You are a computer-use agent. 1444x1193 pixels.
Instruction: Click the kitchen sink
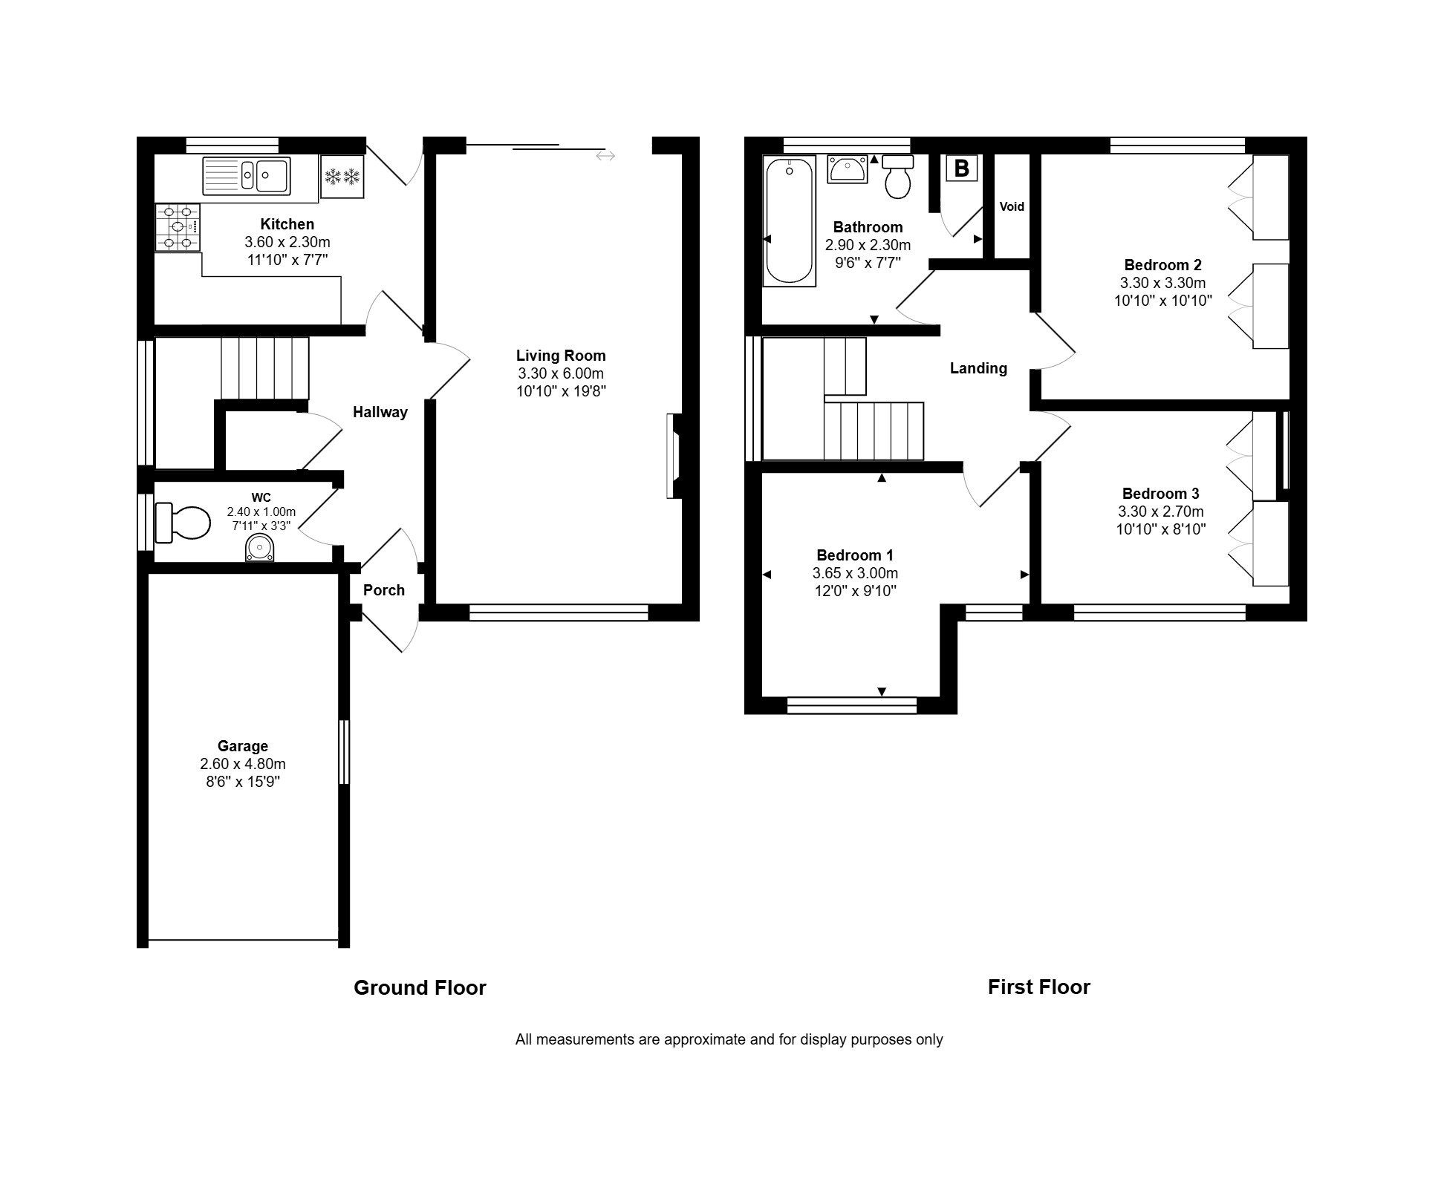point(246,176)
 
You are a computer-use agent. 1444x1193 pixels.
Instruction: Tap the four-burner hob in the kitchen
point(178,227)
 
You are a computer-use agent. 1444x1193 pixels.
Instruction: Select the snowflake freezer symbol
point(342,177)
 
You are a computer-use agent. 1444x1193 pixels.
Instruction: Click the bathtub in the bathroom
point(790,221)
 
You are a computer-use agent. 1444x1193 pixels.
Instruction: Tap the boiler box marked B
point(961,169)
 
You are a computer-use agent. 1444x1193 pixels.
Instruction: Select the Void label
point(1012,206)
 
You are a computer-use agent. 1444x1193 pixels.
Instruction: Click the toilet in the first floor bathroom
point(898,177)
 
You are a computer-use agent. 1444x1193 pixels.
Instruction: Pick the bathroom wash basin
point(847,169)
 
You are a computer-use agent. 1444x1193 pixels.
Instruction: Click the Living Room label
point(561,356)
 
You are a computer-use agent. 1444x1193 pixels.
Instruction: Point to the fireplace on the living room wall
point(674,456)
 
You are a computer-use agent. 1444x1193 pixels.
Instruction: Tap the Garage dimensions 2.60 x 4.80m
point(243,764)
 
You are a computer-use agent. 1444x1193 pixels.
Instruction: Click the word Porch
point(384,590)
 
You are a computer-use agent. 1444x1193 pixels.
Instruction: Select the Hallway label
point(380,412)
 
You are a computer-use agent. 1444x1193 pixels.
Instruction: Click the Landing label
point(978,368)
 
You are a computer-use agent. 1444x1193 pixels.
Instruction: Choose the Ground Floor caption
point(420,987)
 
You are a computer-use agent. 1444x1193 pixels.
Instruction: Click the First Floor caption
point(1039,987)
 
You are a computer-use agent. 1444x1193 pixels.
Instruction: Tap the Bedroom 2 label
point(1162,265)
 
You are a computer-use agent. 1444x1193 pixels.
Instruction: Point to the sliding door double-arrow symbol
point(605,156)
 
